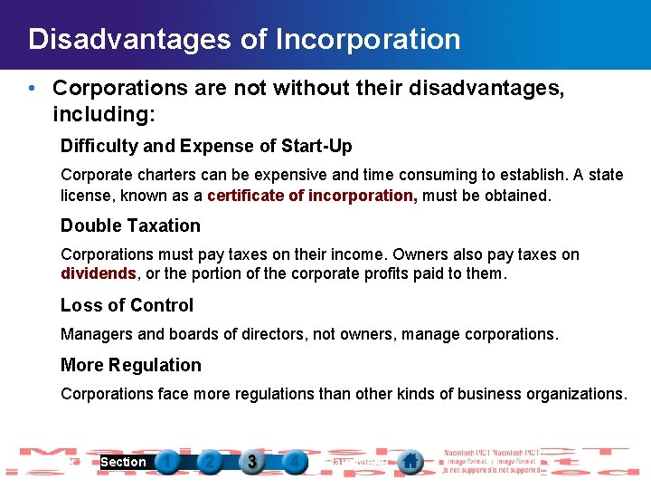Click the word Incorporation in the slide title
click(368, 40)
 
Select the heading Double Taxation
click(130, 225)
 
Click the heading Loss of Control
click(127, 305)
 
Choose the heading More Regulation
click(130, 365)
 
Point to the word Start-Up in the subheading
click(318, 146)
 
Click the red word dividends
click(99, 273)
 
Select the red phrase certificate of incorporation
click(310, 195)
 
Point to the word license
click(84, 195)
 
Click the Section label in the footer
click(123, 462)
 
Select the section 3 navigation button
click(252, 462)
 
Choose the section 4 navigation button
click(294, 462)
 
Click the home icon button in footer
click(410, 461)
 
